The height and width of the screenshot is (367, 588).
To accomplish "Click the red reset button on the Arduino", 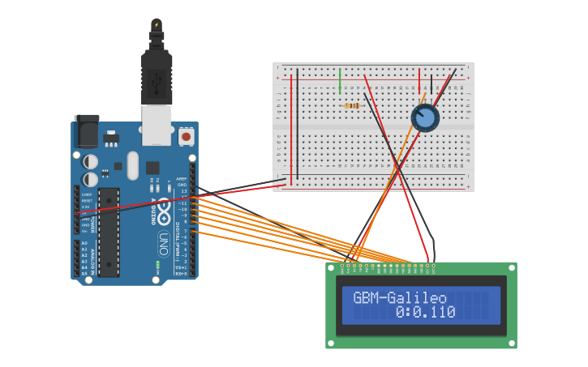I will tap(187, 137).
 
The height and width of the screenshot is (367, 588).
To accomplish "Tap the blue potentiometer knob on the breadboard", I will tap(424, 118).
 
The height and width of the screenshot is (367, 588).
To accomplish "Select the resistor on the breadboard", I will tap(353, 105).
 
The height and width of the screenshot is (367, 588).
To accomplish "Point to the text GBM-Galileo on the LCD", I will tap(400, 297).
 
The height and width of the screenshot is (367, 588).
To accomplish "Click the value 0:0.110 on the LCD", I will tap(425, 312).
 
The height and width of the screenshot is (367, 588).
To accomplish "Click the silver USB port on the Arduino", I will tap(157, 125).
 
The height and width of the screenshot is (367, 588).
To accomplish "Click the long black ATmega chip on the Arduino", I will tap(109, 232).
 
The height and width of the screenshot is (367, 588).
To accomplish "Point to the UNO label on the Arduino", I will tap(162, 242).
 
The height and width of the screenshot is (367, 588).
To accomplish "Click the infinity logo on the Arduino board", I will tap(163, 213).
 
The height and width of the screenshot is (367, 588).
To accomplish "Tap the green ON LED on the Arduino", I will tap(157, 264).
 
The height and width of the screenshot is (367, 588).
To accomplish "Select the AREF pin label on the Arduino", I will tap(182, 178).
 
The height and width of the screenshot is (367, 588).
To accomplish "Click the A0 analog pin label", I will tap(84, 243).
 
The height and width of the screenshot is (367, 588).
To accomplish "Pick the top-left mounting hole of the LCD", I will tap(332, 267).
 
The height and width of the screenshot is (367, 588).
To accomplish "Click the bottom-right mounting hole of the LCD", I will tap(511, 343).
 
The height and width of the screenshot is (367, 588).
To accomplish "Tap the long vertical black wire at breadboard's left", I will tap(297, 122).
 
